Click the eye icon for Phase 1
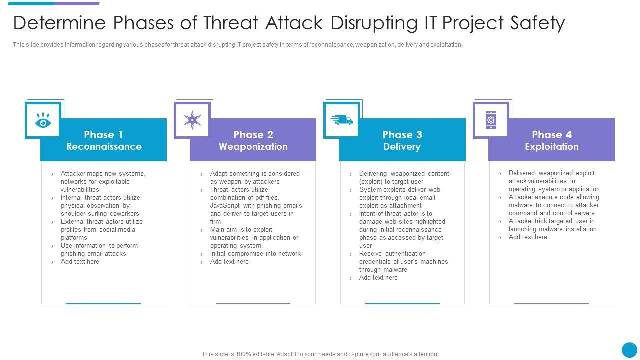pyautogui.click(x=43, y=121)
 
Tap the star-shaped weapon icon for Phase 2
pyautogui.click(x=192, y=120)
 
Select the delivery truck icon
pyautogui.click(x=342, y=120)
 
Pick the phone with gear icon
pyautogui.click(x=491, y=120)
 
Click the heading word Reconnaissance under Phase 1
pyautogui.click(x=104, y=147)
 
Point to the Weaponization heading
pyautogui.click(x=253, y=147)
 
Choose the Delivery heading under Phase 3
pyautogui.click(x=402, y=147)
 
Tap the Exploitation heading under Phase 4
pyautogui.click(x=551, y=147)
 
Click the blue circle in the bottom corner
pyautogui.click(x=629, y=350)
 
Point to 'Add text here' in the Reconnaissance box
pyautogui.click(x=80, y=262)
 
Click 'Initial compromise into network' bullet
pyautogui.click(x=255, y=254)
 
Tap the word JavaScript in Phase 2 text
pyautogui.click(x=225, y=206)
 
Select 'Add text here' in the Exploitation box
pyautogui.click(x=528, y=237)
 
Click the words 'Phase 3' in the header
pyautogui.click(x=402, y=135)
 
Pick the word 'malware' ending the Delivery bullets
pyautogui.click(x=395, y=270)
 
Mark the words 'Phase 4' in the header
pyautogui.click(x=551, y=135)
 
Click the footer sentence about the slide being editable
pyautogui.click(x=319, y=354)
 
